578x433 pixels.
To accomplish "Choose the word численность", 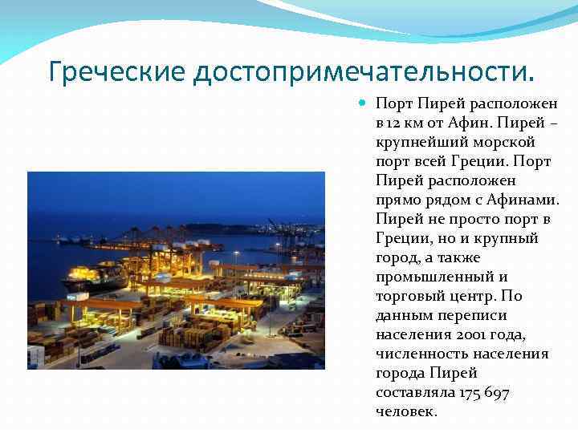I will [x=421, y=354].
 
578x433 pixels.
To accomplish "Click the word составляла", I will [x=415, y=392].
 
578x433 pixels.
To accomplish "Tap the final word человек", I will [x=406, y=411].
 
